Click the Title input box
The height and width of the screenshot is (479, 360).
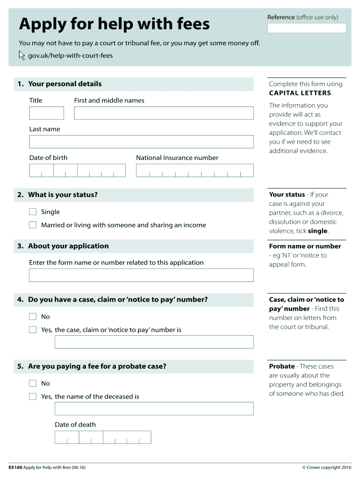tap(46, 113)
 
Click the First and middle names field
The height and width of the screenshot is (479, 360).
tap(164, 113)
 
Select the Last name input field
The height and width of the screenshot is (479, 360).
tap(141, 142)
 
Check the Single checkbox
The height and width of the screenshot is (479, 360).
tap(33, 212)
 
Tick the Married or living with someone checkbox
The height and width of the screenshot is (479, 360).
tap(33, 225)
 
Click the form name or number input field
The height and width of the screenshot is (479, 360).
tap(141, 275)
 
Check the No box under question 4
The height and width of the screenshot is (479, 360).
tap(33, 317)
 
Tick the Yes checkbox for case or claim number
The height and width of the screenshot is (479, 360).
tap(33, 330)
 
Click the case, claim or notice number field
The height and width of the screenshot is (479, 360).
tap(154, 342)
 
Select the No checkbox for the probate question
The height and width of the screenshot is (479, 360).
tap(33, 384)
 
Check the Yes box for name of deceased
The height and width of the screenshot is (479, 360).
tap(33, 397)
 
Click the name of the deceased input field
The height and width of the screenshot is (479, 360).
tap(154, 409)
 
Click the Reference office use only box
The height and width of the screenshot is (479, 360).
tap(307, 28)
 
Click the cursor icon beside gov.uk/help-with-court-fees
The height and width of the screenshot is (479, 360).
tap(22, 56)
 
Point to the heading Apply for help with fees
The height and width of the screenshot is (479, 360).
tap(115, 24)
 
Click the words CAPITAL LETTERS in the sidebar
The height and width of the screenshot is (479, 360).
tap(300, 93)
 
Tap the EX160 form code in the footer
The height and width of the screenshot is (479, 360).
tap(16, 467)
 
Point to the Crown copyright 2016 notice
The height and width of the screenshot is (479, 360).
tap(327, 467)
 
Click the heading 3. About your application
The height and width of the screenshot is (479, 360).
tap(68, 246)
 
